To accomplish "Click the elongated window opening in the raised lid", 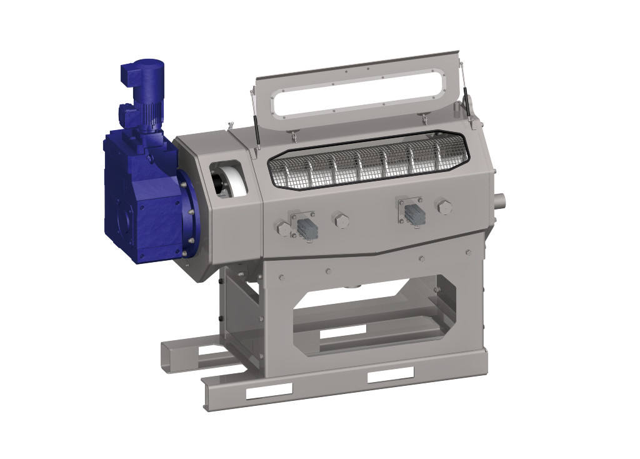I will point(359,94).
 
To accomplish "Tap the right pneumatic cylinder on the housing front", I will point(412,213).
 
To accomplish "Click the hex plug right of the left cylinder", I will point(341,220).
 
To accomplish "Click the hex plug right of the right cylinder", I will point(444,207).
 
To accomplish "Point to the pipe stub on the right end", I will point(499,201).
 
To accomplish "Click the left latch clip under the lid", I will point(294,135).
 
